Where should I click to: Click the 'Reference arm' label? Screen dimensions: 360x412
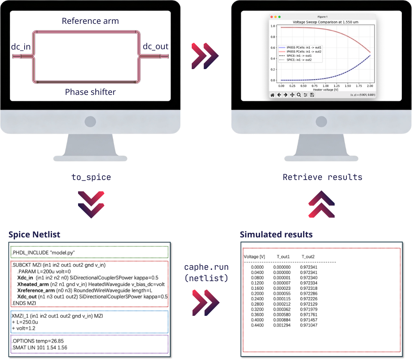click(90, 21)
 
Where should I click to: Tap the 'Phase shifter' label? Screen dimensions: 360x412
click(90, 92)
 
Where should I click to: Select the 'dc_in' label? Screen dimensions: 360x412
click(21, 47)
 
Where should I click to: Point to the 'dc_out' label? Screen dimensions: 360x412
click(155, 46)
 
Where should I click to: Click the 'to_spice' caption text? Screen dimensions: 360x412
click(91, 177)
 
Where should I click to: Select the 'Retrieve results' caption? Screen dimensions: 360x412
click(323, 177)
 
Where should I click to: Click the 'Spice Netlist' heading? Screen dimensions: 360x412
click(34, 235)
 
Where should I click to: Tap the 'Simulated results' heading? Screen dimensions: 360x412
click(276, 235)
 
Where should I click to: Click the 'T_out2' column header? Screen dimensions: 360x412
click(308, 257)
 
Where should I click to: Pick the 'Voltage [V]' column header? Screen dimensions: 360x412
click(254, 257)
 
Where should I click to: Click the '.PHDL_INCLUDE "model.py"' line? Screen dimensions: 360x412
click(43, 252)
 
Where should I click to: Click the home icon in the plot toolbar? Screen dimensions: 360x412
click(272, 95)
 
